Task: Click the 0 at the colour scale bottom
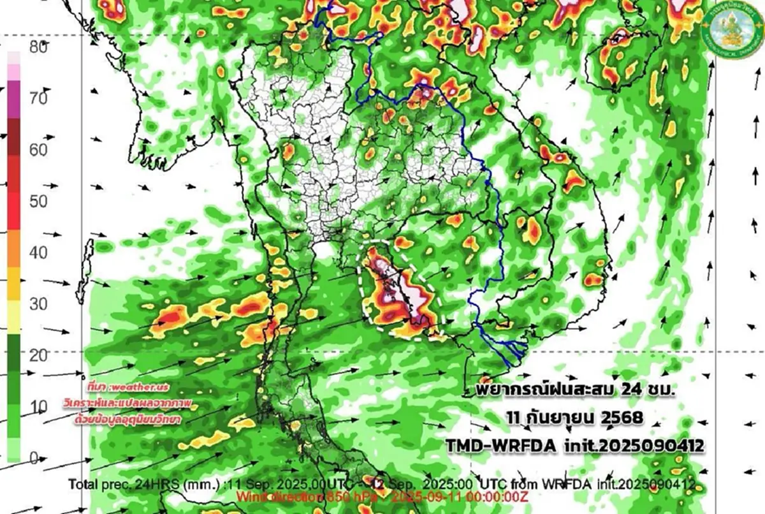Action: pos(35,457)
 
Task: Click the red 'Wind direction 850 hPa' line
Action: pos(300,496)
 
